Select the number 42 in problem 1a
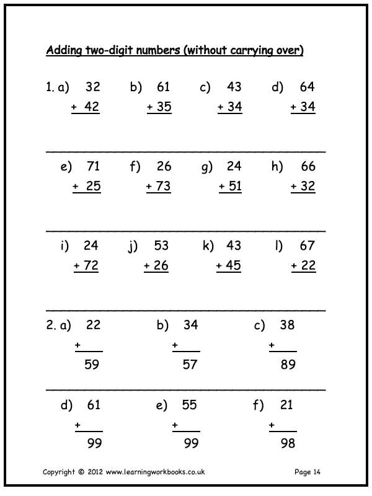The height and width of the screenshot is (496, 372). point(92,107)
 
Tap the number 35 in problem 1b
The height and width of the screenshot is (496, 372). point(164,107)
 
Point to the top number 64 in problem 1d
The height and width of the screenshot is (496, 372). point(308,87)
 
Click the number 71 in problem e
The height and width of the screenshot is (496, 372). point(93,166)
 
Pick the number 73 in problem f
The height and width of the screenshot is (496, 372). point(164,187)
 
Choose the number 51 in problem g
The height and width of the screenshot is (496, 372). point(234,187)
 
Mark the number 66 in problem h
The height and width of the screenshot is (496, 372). point(308,166)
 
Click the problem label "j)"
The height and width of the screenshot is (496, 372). point(133,246)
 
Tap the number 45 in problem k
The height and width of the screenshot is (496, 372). point(234,266)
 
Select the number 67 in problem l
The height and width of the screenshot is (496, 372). point(308,246)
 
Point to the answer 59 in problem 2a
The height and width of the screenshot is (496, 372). point(92,365)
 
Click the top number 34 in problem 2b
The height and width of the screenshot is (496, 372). point(190,325)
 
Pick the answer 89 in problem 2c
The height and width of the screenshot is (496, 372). point(288,365)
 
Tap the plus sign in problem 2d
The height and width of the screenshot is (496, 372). point(78,425)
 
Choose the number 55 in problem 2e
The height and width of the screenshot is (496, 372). point(190,405)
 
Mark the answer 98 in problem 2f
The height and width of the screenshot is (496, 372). point(288,443)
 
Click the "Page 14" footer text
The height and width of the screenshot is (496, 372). point(308,472)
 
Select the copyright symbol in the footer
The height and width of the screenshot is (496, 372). point(81,472)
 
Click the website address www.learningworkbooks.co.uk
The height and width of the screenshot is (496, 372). point(155,472)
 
